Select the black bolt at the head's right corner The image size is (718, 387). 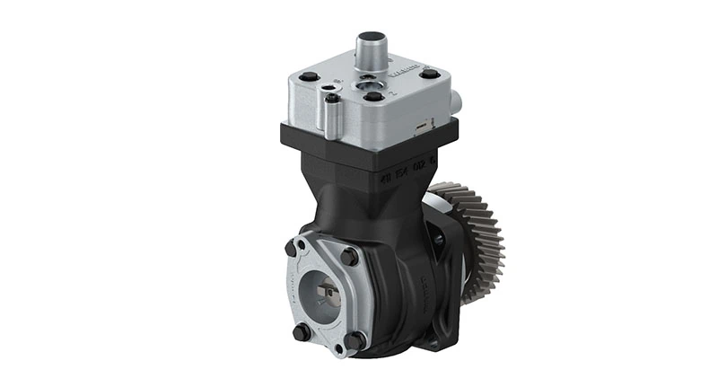click(430, 73)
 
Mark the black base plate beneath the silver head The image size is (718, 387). click(368, 145)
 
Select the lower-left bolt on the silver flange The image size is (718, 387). click(302, 331)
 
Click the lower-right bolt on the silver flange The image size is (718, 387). click(355, 340)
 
